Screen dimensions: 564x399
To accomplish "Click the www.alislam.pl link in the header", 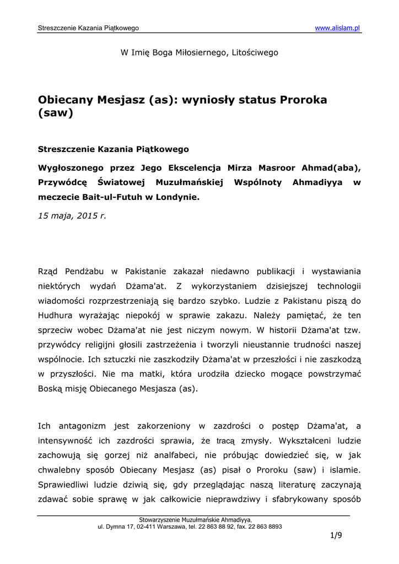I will coord(337,28).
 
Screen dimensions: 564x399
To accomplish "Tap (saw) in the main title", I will coord(55,114).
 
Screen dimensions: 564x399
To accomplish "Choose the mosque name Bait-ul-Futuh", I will coord(116,196).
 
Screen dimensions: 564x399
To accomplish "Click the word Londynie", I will coord(178,196).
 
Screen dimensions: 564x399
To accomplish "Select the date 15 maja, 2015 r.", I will coord(72,216).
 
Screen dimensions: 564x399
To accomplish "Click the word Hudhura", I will coord(55,315).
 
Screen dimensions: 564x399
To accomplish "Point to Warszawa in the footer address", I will coord(172,527).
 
